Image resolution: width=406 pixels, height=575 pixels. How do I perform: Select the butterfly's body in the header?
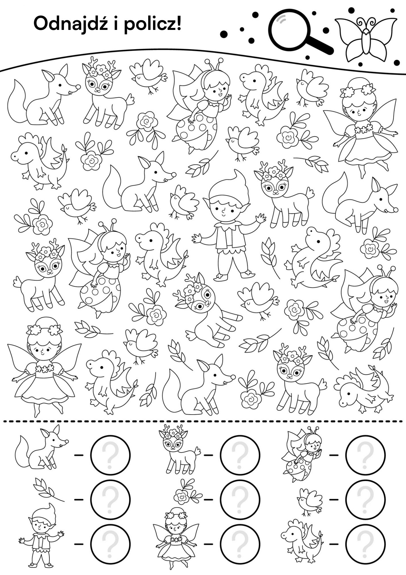point(366,42)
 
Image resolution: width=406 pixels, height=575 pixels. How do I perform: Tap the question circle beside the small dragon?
point(365,544)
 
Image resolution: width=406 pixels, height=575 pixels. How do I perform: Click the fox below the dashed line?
point(42,450)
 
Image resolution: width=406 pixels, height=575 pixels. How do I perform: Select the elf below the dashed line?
point(42,540)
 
